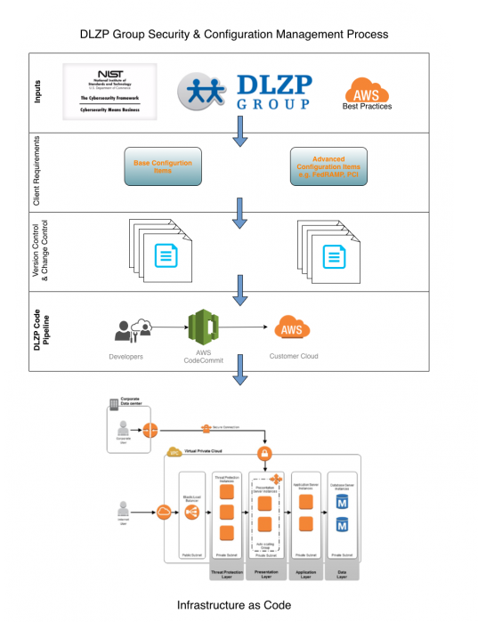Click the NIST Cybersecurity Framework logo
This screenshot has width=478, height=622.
pyautogui.click(x=109, y=92)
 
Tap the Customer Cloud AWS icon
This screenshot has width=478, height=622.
pyautogui.click(x=291, y=328)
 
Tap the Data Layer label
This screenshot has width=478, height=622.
pyautogui.click(x=343, y=576)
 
